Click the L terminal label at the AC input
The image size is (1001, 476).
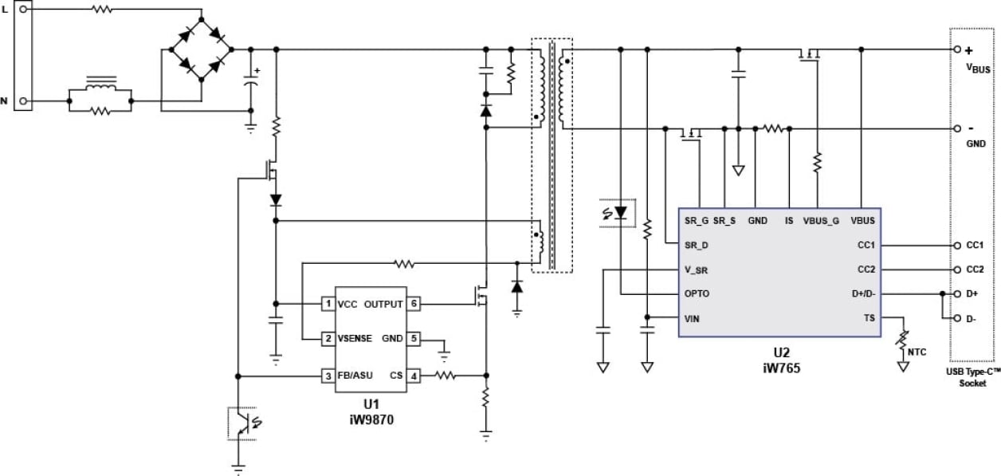coord(5,9)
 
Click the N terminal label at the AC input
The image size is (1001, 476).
coord(5,101)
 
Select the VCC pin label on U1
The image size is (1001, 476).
coord(347,304)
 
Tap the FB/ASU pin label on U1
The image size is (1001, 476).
coord(356,375)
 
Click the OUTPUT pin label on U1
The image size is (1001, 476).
coord(384,304)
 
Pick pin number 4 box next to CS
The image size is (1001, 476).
coord(414,375)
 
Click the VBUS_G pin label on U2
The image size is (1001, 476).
coord(820,220)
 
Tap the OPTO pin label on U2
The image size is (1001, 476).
coord(697,293)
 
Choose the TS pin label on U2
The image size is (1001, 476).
coord(870,317)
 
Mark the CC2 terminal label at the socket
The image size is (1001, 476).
coord(975,269)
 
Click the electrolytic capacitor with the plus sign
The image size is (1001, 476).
coord(252,81)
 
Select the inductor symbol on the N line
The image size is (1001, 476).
coord(100,83)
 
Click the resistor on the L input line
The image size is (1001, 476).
coord(102,10)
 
